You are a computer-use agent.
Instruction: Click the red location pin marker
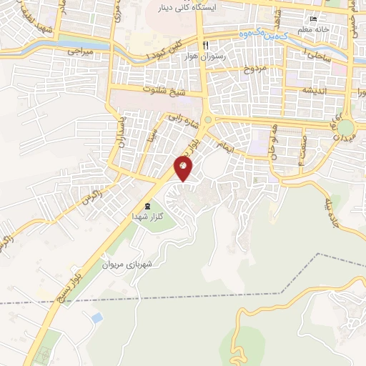coord(184,169)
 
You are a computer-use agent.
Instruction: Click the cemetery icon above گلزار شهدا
coord(138,206)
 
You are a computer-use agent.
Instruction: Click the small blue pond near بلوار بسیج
coord(97,316)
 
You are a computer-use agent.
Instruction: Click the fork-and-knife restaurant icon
coord(206,44)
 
